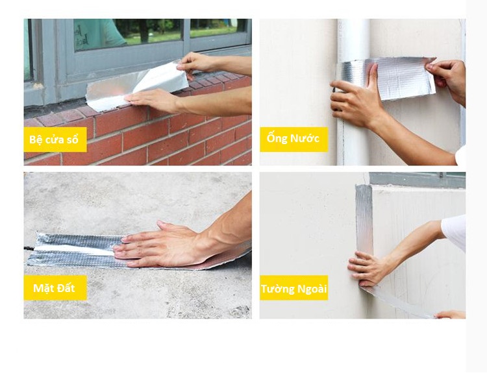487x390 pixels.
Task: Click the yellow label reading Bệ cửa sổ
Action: tap(55, 140)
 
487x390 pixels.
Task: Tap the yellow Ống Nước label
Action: tap(293, 140)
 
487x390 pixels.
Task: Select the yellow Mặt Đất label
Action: tap(55, 288)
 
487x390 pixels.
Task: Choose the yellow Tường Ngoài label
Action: tap(293, 288)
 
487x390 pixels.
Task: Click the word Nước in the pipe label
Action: tap(305, 138)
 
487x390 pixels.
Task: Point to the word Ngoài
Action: tap(312, 289)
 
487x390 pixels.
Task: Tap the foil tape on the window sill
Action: tap(136, 86)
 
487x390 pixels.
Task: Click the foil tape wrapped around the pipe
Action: tap(387, 79)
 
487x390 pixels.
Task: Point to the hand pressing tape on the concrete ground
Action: tap(162, 245)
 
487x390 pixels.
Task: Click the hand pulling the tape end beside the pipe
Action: tap(447, 79)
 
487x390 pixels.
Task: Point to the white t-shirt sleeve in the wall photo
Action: tap(454, 229)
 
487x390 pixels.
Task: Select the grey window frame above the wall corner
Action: tap(417, 180)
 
